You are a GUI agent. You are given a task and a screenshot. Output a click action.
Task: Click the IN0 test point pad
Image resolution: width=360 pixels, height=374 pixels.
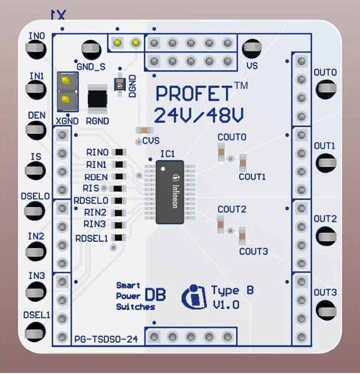(x=36, y=49)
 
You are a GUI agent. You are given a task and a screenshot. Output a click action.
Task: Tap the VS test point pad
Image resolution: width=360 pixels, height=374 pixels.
(x=252, y=49)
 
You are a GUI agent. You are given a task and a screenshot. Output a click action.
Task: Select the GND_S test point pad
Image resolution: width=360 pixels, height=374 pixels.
(x=92, y=49)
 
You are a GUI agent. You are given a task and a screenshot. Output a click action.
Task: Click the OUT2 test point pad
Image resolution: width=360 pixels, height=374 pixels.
(x=326, y=236)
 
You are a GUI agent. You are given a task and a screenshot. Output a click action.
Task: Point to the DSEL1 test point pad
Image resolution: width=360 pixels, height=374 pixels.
(x=36, y=332)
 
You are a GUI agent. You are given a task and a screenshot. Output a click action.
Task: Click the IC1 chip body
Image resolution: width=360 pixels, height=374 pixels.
(x=169, y=192)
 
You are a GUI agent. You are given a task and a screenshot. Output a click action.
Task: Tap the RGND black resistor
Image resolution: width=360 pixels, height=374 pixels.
(x=97, y=98)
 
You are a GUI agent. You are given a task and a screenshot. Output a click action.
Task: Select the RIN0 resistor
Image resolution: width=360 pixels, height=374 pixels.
(x=119, y=152)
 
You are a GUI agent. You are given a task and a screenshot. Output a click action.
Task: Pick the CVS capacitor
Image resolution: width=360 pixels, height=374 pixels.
(x=144, y=130)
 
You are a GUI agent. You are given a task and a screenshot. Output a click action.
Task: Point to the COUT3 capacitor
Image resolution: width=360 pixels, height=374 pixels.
(x=242, y=236)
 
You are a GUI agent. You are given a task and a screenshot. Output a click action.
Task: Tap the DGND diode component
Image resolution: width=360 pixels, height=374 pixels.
(x=120, y=84)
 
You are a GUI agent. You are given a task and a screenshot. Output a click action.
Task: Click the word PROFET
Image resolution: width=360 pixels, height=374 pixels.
(x=194, y=93)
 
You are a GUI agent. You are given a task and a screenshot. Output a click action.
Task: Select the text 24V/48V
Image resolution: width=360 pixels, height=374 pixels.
(x=199, y=115)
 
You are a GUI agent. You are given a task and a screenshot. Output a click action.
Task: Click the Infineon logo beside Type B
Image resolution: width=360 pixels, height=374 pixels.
(x=194, y=297)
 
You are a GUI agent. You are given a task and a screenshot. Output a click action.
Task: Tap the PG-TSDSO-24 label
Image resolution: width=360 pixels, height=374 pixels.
(x=106, y=339)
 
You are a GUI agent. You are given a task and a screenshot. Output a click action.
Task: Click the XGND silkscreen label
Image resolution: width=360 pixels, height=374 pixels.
(x=67, y=121)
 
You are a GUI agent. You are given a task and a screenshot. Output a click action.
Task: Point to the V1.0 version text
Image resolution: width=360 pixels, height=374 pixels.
(x=226, y=305)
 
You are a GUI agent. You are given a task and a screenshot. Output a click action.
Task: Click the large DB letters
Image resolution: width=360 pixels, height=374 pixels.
(x=155, y=295)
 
